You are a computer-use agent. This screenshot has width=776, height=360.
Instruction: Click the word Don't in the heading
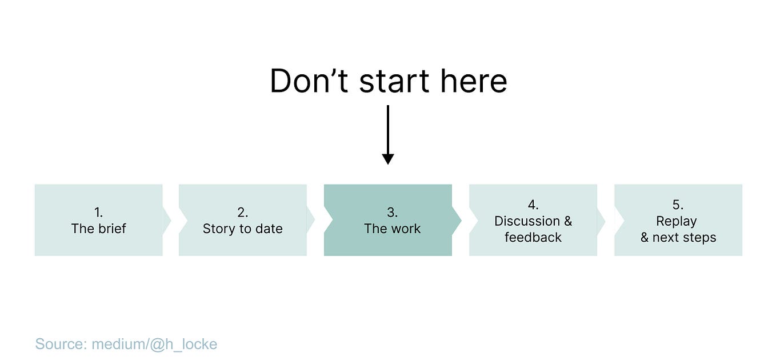[309, 81]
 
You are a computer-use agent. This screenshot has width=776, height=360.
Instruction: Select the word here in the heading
[474, 81]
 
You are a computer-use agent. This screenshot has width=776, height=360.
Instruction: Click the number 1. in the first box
[98, 213]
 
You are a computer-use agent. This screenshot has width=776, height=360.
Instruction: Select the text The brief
[98, 229]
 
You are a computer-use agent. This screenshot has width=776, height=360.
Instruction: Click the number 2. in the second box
[243, 213]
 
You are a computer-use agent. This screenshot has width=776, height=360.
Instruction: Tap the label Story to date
[243, 229]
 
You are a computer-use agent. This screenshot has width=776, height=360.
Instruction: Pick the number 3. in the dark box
[392, 213]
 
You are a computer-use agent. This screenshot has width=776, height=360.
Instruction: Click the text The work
[392, 229]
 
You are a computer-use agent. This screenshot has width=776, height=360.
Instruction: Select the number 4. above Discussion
[533, 205]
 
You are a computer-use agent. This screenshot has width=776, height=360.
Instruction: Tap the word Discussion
[527, 221]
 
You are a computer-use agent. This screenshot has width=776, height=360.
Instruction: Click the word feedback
[533, 237]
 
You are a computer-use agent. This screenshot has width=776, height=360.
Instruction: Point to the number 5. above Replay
[678, 205]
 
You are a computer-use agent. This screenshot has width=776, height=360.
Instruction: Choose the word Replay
[677, 221]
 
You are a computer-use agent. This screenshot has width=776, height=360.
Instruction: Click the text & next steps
[678, 237]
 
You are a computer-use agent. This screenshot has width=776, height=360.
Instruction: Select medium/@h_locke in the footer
[154, 344]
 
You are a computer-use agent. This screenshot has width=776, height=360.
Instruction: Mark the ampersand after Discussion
[567, 221]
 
